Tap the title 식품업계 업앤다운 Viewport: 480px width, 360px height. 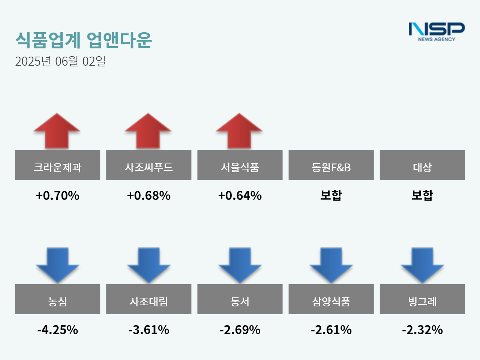pos(83,40)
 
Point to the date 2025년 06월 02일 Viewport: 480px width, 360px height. pos(60,61)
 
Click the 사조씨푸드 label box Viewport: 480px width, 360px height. pos(148,165)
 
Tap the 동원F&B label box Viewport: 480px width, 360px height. pos(331,165)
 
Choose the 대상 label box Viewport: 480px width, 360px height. pos(422,165)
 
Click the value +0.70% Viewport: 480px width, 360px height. pos(57,195)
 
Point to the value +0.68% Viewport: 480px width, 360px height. pos(148,195)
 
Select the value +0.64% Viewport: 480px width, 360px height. pos(240,195)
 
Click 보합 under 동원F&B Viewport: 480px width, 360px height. pos(331,195)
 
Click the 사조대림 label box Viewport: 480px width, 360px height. pos(148,299)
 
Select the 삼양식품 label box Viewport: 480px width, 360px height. pos(331,299)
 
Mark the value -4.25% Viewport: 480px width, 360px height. pos(57,330)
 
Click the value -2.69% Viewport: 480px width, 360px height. pos(240,330)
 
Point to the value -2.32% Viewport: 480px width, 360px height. pos(422,330)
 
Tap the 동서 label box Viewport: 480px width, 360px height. pos(240,299)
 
